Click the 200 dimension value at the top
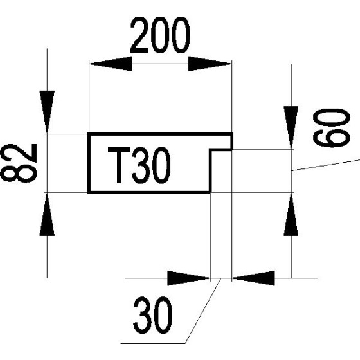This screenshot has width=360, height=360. (x=161, y=37)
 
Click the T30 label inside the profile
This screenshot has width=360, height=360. (x=139, y=165)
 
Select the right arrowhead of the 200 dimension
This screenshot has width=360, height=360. (x=210, y=64)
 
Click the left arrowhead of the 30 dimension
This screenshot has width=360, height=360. (x=189, y=278)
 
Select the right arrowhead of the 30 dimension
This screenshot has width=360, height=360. (x=253, y=278)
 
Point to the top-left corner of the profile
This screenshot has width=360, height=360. (x=89, y=134)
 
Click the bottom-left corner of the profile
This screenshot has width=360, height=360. (x=89, y=192)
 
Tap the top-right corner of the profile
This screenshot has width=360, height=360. (x=231, y=134)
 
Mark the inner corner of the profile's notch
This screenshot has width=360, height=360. (x=211, y=150)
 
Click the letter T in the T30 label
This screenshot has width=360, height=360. (x=118, y=165)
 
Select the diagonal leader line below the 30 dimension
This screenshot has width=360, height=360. (x=201, y=313)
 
